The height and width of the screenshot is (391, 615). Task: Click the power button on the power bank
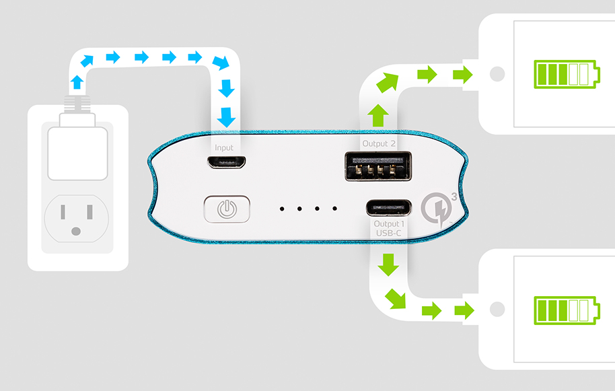[x=227, y=209]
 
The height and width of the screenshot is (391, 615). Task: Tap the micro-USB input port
[x=226, y=162]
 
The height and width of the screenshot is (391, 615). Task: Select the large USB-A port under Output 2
[x=378, y=166]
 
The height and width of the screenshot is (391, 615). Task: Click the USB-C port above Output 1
[x=389, y=207]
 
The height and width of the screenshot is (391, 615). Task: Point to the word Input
[x=224, y=148]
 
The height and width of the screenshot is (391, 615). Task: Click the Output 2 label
[x=379, y=143]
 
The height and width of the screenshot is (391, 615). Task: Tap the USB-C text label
[x=388, y=234]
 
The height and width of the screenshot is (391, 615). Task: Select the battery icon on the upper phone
[x=567, y=74]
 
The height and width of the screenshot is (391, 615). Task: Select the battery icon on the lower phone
[x=567, y=310]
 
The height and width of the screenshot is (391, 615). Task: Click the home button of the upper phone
[x=497, y=74]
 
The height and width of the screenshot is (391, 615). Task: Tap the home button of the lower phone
[x=497, y=309]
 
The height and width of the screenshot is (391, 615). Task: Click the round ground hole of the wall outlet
[x=76, y=232]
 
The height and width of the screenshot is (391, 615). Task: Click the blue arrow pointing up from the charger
[x=77, y=82]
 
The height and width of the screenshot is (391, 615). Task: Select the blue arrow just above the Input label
[x=226, y=117]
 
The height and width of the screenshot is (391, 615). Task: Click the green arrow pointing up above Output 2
[x=377, y=115]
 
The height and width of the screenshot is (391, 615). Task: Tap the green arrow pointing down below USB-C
[x=388, y=264]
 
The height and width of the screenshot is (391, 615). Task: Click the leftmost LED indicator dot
[x=282, y=209]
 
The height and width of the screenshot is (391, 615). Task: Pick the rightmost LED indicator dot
[x=334, y=209]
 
